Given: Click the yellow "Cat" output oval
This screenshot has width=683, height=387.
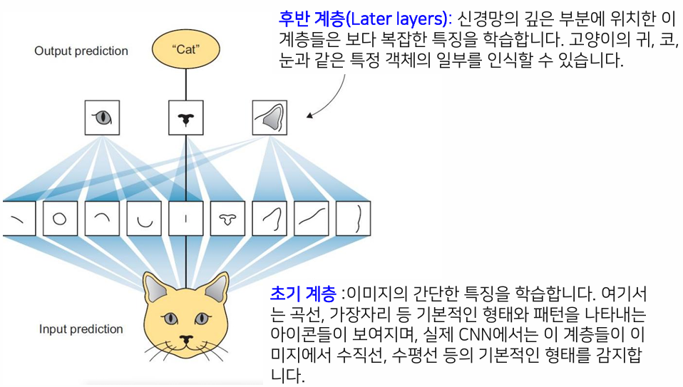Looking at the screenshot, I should coord(185,51).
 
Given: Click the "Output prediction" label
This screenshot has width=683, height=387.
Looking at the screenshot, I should coord(81,51).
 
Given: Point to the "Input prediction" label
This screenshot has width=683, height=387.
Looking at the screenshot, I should coord(81,329).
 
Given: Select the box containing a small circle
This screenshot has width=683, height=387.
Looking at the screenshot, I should coord(60,219).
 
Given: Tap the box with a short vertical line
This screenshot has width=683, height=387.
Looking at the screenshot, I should coord(186,219).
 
